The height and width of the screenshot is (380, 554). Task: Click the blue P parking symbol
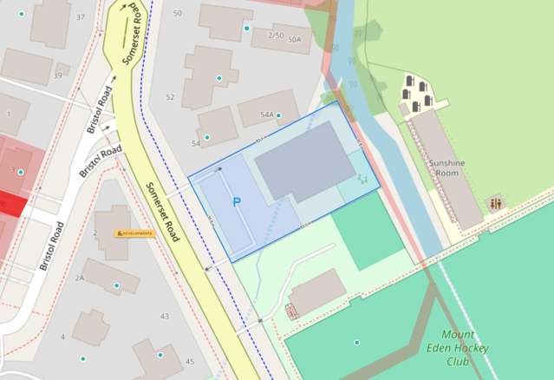236,201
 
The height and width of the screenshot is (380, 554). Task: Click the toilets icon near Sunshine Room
495,204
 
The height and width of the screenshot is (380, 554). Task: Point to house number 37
81,17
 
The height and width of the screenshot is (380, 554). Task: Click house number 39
57,75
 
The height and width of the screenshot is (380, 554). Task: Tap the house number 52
170,97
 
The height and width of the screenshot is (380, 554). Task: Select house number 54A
268,115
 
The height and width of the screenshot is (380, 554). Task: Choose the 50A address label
295,40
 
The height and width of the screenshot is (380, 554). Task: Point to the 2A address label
79,278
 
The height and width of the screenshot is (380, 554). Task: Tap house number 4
62,337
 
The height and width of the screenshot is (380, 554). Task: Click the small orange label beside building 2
134,233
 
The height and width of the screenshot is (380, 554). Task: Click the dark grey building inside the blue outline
303,161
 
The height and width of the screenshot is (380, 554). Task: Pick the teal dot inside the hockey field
356,342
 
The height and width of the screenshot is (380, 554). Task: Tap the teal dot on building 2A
116,285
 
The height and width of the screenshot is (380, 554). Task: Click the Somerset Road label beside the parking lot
161,213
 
